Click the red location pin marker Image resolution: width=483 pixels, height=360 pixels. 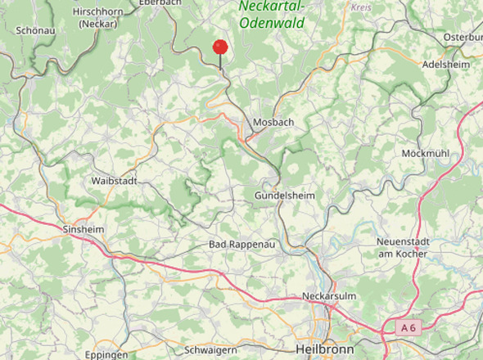click(x=220, y=47)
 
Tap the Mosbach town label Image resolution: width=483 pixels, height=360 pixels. click(x=273, y=122)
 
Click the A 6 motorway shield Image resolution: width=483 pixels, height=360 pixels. click(x=409, y=327)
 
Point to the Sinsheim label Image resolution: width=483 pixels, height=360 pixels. click(x=84, y=230)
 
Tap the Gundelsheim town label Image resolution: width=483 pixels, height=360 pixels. click(x=285, y=197)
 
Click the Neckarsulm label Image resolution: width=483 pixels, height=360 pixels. click(x=327, y=295)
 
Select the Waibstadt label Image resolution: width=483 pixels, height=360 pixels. click(x=115, y=180)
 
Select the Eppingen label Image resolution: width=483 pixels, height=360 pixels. click(x=106, y=355)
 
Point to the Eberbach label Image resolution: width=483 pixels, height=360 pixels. click(x=159, y=3)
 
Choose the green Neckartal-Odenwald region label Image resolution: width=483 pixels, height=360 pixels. click(x=272, y=14)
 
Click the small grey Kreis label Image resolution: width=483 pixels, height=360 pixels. click(x=360, y=7)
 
